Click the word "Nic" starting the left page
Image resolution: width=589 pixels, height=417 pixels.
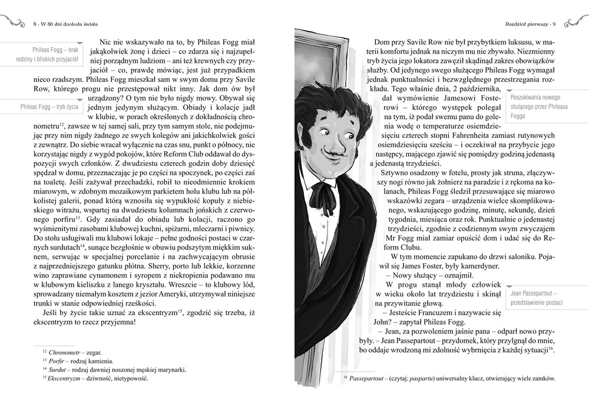pyautogui.click(x=107, y=43)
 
